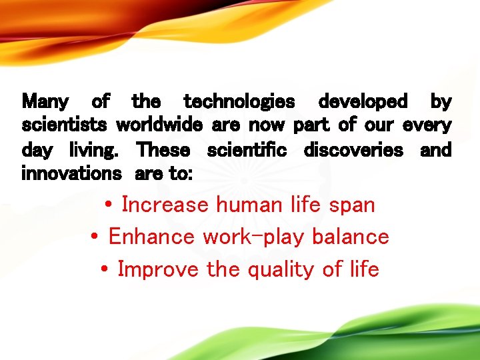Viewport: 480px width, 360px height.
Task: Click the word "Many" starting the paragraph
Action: [x=45, y=102]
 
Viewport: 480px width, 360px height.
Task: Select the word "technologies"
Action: [x=239, y=102]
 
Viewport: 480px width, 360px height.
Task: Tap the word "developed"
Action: [x=363, y=102]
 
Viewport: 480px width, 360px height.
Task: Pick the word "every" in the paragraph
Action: [x=427, y=126]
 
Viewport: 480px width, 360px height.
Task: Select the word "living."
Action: [x=94, y=150]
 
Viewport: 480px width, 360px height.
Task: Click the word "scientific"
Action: [x=247, y=150]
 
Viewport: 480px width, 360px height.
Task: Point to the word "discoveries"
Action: [x=353, y=150]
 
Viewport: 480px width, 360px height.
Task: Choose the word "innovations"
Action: [x=71, y=174]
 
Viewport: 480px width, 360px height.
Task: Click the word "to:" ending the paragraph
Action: [x=181, y=174]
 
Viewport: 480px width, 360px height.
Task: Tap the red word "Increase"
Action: [x=165, y=205]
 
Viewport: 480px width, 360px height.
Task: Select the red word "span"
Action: [x=352, y=205]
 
